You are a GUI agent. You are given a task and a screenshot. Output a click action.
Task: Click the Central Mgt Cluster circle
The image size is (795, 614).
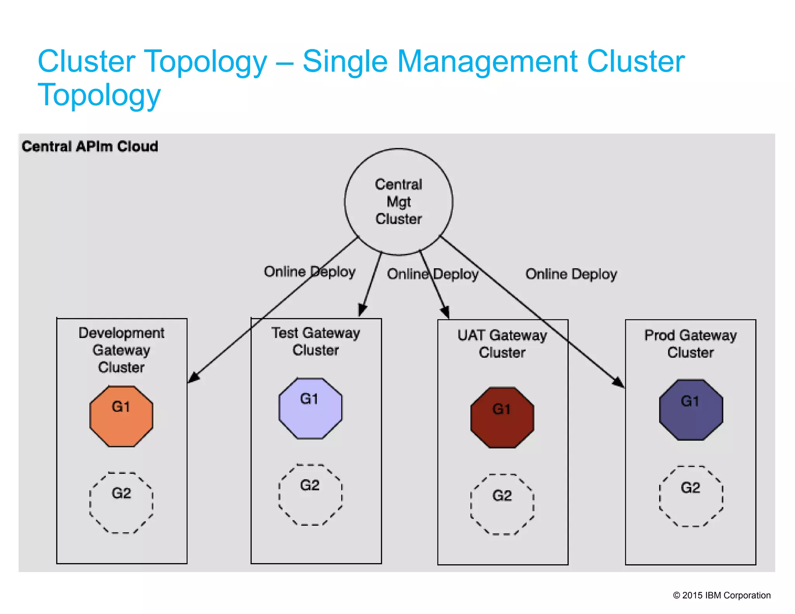tap(398, 202)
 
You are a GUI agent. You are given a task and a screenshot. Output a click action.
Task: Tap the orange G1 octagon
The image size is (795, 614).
tap(121, 416)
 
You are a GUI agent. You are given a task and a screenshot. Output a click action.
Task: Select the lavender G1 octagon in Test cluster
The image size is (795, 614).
tap(310, 408)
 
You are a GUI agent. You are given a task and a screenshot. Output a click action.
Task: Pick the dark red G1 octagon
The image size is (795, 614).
tap(502, 418)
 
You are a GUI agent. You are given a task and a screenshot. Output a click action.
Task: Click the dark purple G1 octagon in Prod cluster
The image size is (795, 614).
tap(691, 410)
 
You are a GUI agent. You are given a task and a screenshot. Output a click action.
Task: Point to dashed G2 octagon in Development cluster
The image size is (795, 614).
tap(121, 503)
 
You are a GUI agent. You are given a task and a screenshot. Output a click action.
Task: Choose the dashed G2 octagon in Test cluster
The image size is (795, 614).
tap(310, 494)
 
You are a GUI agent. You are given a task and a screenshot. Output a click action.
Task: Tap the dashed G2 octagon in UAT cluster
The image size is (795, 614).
tap(502, 504)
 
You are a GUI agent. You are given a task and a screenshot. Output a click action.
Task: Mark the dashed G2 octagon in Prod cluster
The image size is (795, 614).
tap(691, 496)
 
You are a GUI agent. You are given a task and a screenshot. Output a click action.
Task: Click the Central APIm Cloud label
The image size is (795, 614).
tap(90, 146)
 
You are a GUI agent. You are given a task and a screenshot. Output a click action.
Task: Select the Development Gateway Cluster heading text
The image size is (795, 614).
tap(121, 350)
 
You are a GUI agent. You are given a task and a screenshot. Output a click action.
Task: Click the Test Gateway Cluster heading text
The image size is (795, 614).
tap(316, 341)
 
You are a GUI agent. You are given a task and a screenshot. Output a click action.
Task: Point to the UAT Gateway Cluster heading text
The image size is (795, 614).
tap(502, 343)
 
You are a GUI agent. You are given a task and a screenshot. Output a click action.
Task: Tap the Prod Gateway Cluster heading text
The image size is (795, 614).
tap(690, 343)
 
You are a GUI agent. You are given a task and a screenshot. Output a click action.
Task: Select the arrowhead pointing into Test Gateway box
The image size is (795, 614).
tap(362, 310)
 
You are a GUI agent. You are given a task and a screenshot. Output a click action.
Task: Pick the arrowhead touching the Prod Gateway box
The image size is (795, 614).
tap(619, 382)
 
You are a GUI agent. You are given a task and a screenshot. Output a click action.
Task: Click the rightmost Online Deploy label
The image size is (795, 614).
tap(571, 274)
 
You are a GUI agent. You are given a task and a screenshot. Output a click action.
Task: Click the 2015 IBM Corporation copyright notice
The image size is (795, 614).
tap(722, 595)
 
